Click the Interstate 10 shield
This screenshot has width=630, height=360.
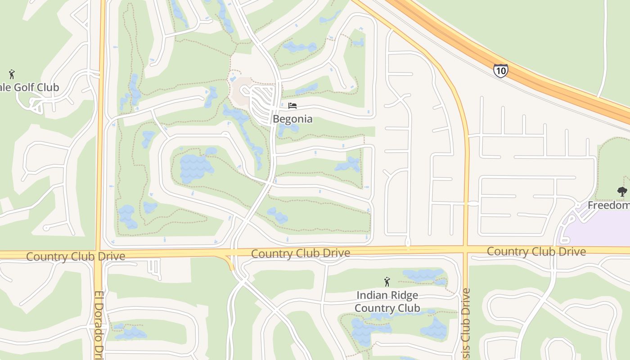[x=500, y=71]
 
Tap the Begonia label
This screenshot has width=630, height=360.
[x=292, y=119]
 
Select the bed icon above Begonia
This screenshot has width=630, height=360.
[x=292, y=106]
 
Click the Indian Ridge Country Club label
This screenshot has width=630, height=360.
[x=387, y=301]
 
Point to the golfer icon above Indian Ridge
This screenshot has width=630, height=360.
[x=387, y=282]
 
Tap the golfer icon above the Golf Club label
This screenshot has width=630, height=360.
[x=12, y=74]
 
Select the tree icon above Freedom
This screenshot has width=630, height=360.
[x=622, y=192]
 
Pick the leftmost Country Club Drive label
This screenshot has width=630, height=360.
[x=76, y=256]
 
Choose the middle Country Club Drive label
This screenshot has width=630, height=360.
[x=301, y=253]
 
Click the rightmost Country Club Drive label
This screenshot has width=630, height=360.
[x=536, y=251]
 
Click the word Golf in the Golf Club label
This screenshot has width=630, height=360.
[x=25, y=87]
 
